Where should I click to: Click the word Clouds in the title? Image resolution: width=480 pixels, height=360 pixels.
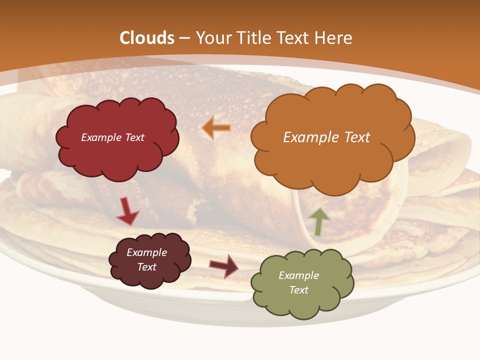pyautogui.click(x=147, y=38)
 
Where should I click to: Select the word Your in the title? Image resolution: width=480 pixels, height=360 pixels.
pyautogui.click(x=213, y=38)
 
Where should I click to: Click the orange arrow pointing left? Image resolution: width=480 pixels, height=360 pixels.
pyautogui.click(x=216, y=128)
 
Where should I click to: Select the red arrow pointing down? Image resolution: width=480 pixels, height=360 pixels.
pyautogui.click(x=127, y=211)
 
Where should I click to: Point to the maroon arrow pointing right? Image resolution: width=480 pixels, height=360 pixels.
pyautogui.click(x=223, y=266)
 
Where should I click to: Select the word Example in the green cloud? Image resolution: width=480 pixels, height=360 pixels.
pyautogui.click(x=298, y=275)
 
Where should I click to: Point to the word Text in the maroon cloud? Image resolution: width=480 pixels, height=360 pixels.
pyautogui.click(x=146, y=267)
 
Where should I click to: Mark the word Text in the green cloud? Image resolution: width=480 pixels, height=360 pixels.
pyautogui.click(x=298, y=290)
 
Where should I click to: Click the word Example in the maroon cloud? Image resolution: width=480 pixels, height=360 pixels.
pyautogui.click(x=146, y=252)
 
